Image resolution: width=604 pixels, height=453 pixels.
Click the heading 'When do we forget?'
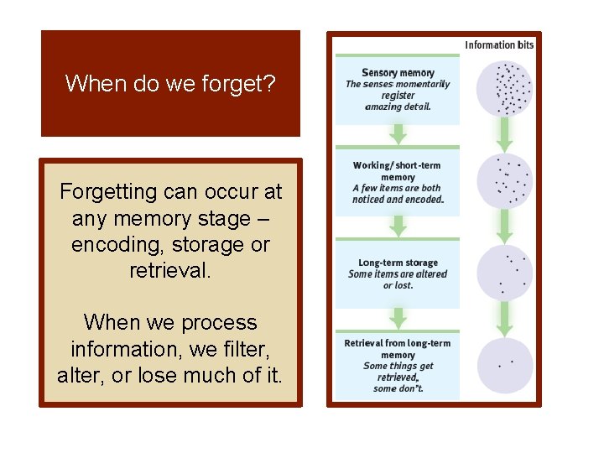click(x=170, y=84)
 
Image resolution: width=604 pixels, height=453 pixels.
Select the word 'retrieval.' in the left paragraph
click(x=170, y=271)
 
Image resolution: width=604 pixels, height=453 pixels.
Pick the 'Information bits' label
click(x=499, y=45)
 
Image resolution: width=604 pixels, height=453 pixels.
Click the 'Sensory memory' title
click(x=398, y=73)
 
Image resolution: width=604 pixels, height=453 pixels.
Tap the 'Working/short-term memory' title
click(x=398, y=171)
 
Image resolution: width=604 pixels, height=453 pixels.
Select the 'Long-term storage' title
click(x=398, y=263)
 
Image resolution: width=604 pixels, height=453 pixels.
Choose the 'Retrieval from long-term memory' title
click(x=398, y=349)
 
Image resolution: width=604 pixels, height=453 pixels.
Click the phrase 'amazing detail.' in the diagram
click(x=398, y=107)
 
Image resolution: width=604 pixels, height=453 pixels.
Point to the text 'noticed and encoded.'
click(x=398, y=200)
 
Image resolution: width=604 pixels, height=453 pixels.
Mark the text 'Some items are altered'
click(x=398, y=274)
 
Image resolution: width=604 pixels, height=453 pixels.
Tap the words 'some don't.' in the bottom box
click(x=398, y=388)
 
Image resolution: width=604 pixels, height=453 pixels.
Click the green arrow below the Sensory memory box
click(x=398, y=134)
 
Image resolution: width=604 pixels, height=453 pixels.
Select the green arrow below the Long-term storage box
click(x=398, y=318)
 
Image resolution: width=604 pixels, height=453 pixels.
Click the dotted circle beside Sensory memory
click(x=505, y=88)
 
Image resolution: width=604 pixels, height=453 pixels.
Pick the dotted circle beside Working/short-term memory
click(x=505, y=182)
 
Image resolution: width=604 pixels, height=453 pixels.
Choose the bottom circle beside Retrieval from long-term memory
click(x=505, y=365)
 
